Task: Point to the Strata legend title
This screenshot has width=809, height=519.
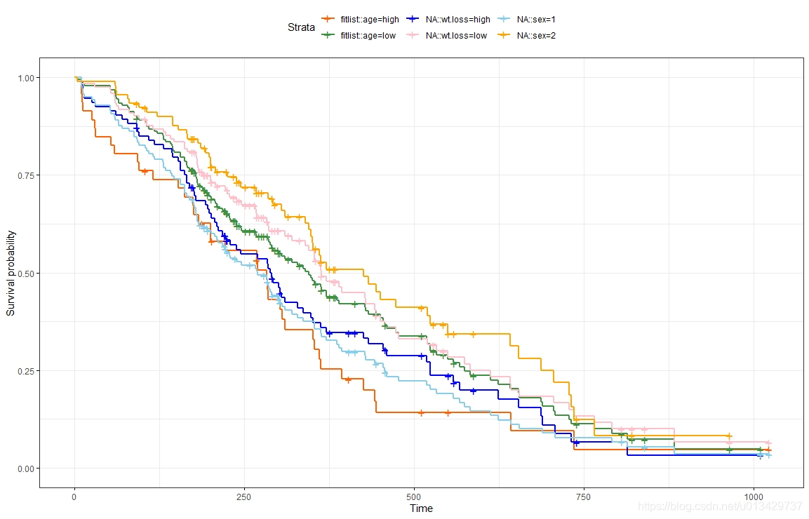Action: click(301, 27)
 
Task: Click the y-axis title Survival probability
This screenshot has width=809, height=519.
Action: click(11, 272)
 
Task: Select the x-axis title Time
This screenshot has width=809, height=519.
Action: click(421, 508)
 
